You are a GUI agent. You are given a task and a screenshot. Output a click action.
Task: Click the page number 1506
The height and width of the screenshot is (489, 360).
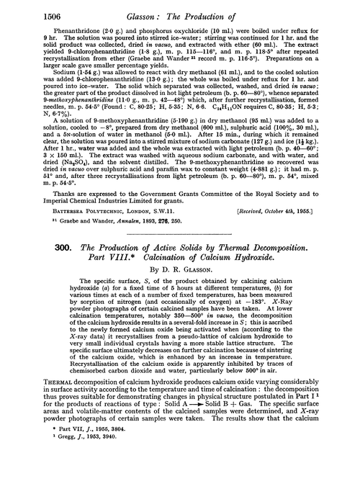pyautogui.click(x=25, y=9)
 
